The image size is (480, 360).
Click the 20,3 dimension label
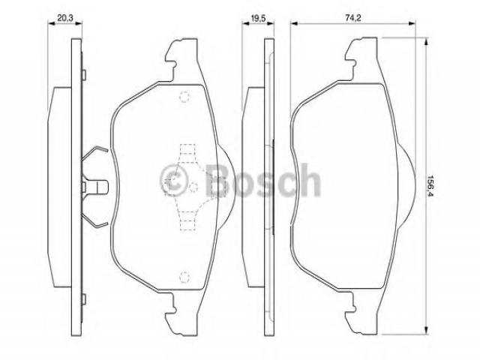(x=65, y=18)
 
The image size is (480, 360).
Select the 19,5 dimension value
(x=258, y=18)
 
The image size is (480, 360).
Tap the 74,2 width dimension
(x=353, y=18)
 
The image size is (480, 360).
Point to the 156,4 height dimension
(x=432, y=186)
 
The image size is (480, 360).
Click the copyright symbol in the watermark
(x=174, y=180)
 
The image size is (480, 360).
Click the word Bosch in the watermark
(x=262, y=180)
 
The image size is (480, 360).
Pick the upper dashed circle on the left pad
(x=184, y=97)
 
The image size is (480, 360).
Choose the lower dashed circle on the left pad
(x=184, y=277)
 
